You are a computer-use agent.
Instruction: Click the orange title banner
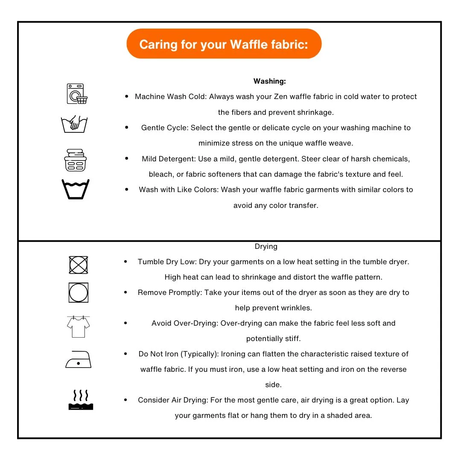coord(224,44)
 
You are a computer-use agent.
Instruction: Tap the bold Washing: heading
coord(269,81)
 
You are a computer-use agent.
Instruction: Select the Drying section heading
coord(266,246)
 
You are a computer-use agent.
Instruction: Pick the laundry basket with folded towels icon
coord(75,160)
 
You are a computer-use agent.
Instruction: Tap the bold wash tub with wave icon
coord(76,189)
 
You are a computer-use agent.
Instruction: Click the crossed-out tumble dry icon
coord(79,265)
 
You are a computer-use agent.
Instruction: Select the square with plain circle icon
coord(79,292)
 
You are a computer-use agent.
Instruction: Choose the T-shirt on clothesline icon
coord(78,326)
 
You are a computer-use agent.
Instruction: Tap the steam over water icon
coord(81,400)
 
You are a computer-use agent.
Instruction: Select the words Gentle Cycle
coord(165,128)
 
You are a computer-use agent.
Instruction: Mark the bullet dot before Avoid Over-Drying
coord(125,323)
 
